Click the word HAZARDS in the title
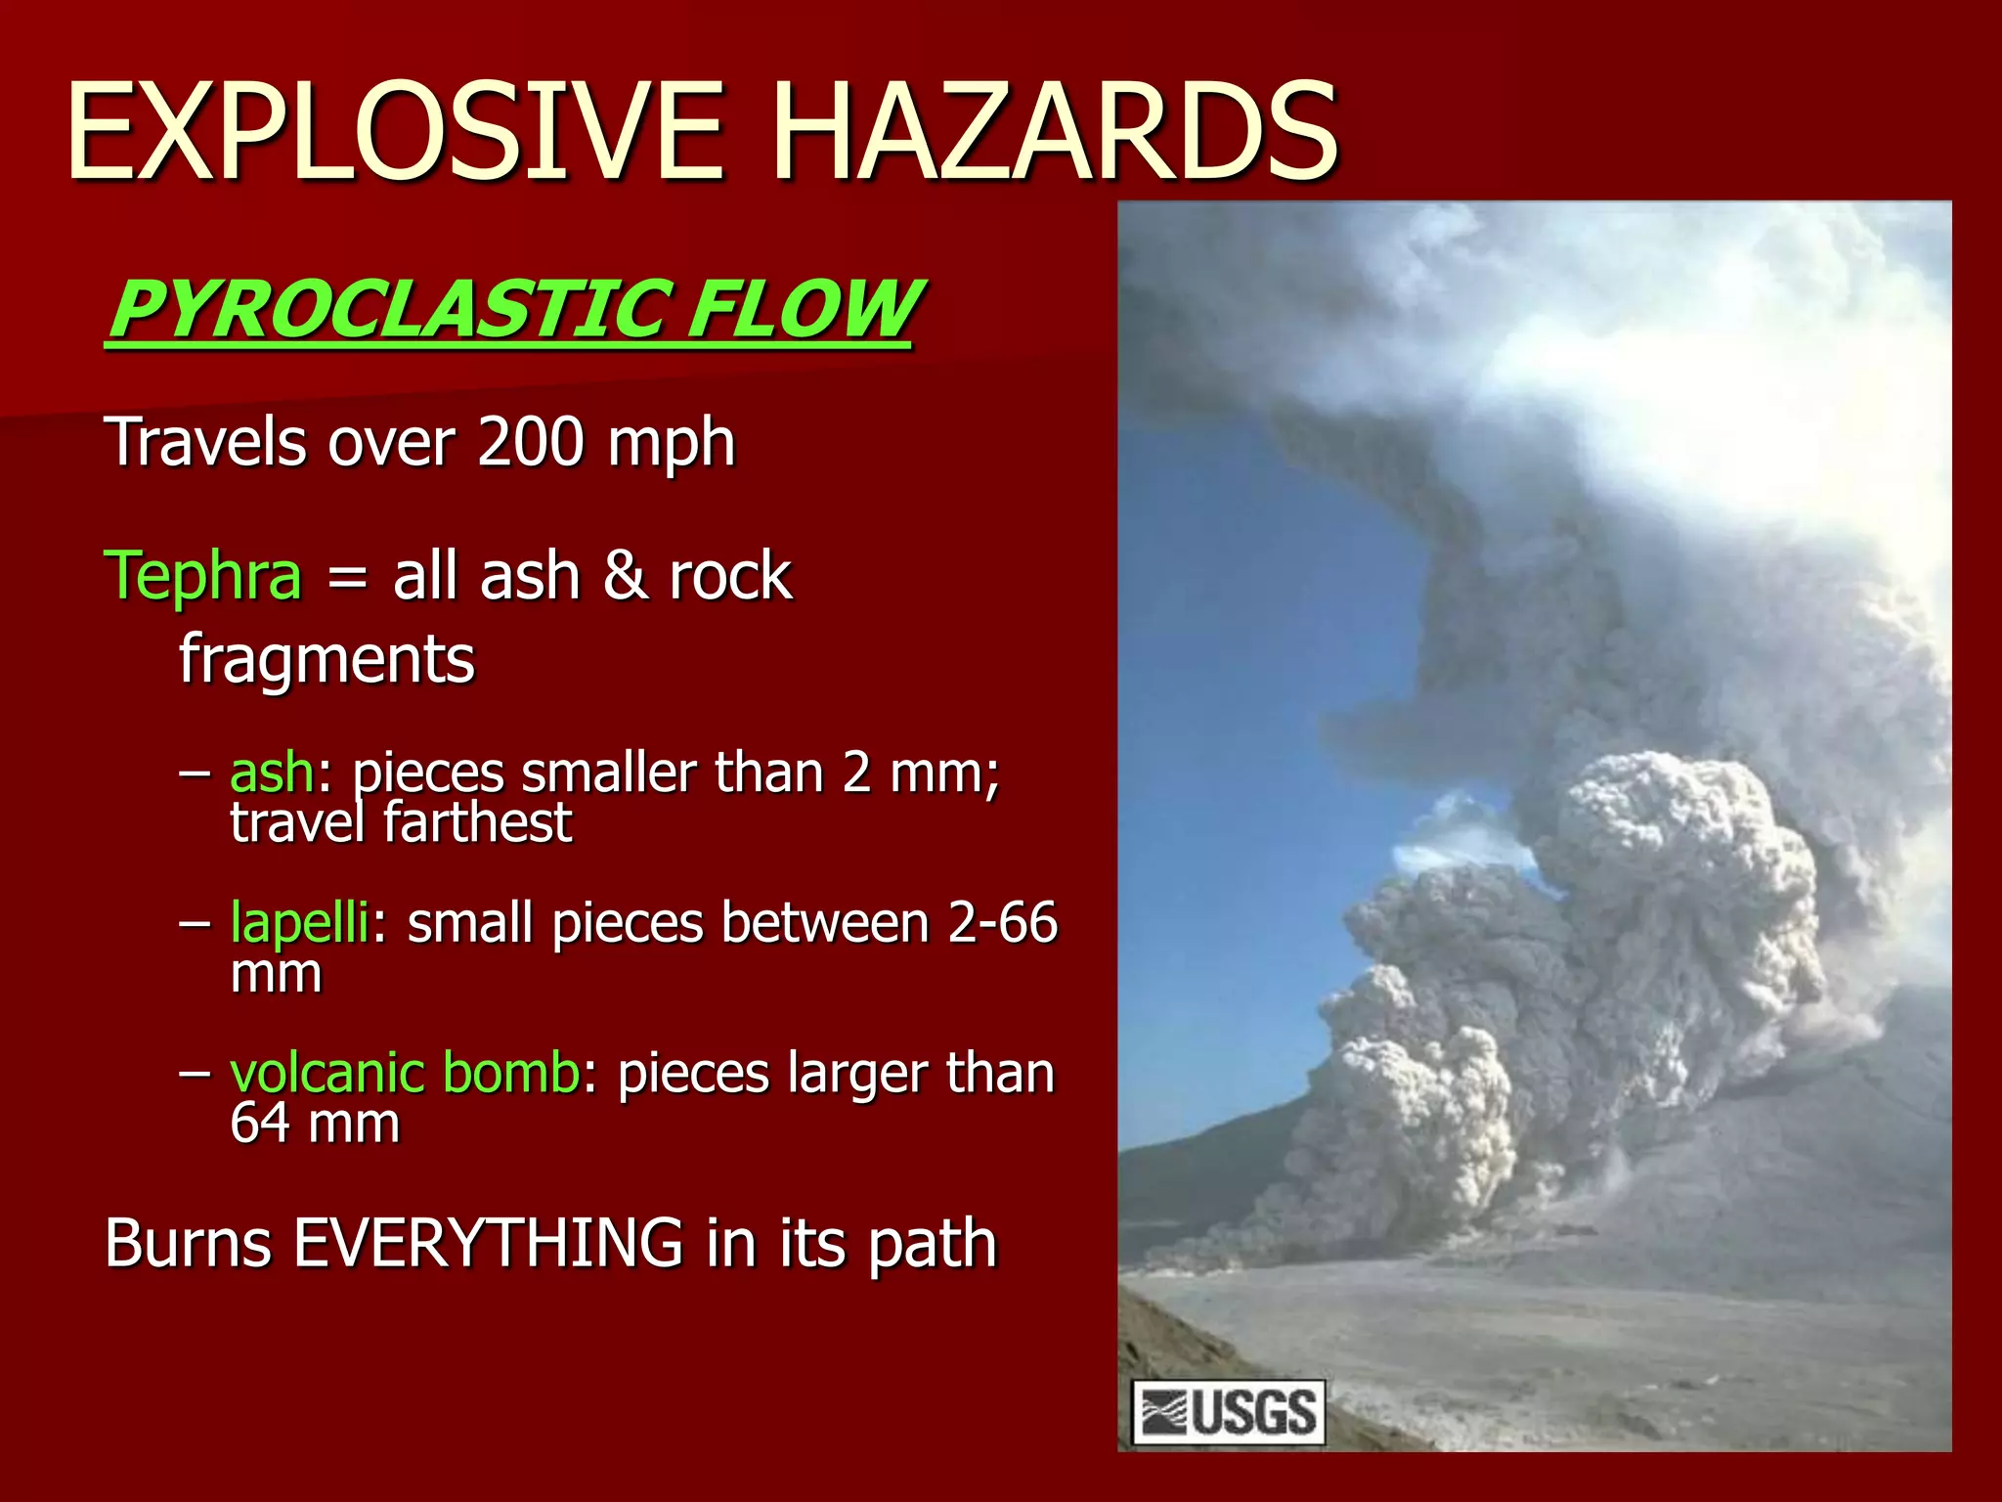(x=1055, y=132)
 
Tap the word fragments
(x=326, y=659)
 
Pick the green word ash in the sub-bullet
(x=272, y=773)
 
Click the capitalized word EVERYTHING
(x=488, y=1243)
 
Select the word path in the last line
(x=933, y=1246)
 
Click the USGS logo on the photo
(x=1228, y=1412)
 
